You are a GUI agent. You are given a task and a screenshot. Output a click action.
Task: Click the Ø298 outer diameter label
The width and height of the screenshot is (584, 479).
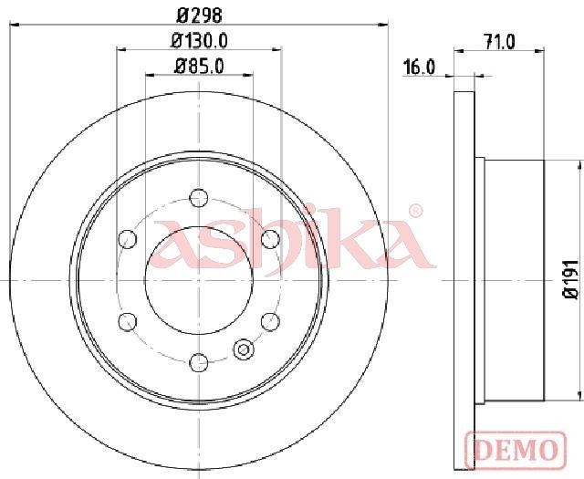pos(199,16)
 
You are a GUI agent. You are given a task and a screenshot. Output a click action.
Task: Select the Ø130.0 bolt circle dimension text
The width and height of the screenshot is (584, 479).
pos(199,41)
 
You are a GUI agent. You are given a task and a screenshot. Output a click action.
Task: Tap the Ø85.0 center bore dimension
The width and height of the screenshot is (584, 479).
pos(199,67)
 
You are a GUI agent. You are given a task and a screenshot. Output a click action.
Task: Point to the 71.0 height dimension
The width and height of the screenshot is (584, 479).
pos(499,41)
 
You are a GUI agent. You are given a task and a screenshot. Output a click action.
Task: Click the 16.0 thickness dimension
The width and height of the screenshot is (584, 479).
pos(420,68)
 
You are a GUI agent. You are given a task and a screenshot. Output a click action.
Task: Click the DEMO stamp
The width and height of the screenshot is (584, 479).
pos(516,450)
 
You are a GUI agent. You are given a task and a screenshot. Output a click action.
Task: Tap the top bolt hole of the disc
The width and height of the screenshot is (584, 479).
pos(199,198)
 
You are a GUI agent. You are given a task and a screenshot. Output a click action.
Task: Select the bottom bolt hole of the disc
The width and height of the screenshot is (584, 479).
pos(199,362)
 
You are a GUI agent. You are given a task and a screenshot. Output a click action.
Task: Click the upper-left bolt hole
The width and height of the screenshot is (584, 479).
pos(128,239)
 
